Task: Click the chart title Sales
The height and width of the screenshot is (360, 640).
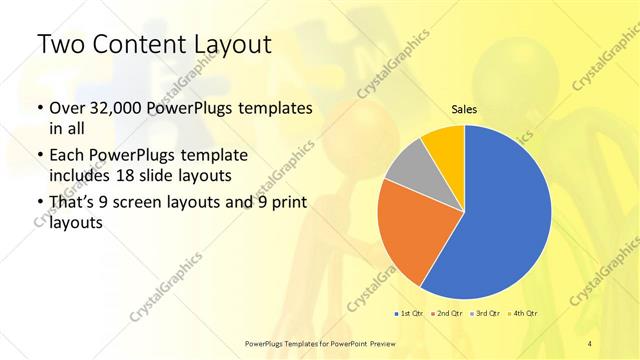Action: click(464, 109)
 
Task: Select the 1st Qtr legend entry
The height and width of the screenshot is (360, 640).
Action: click(407, 314)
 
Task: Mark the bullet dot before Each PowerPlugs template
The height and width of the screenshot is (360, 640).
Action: click(39, 157)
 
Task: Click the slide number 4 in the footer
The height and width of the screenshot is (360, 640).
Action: click(589, 343)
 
